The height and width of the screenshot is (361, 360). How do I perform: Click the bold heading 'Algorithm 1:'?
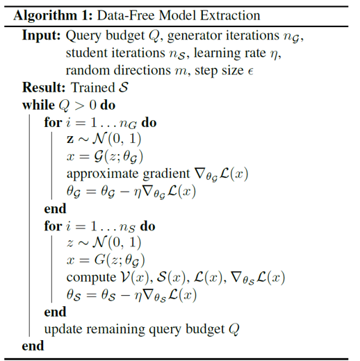[53, 16]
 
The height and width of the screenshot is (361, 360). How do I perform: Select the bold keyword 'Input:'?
[41, 36]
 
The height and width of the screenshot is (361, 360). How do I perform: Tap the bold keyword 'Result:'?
[44, 87]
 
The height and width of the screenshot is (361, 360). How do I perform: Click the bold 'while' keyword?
[38, 105]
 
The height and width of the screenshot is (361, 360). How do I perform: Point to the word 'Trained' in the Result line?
[93, 87]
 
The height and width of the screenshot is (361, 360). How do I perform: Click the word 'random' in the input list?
[88, 70]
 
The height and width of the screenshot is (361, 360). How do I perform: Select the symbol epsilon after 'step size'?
[250, 72]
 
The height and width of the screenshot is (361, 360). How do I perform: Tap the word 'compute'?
[91, 278]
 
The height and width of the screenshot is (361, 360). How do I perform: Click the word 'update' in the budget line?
[63, 329]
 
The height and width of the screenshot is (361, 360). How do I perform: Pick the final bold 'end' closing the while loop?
[33, 346]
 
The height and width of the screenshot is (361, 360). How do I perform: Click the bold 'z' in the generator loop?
[70, 140]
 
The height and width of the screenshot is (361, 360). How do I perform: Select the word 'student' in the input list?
[87, 53]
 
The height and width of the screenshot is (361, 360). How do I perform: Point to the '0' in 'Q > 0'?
[92, 106]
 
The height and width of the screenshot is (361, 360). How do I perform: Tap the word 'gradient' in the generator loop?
[166, 174]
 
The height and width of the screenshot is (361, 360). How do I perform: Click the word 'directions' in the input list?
[142, 70]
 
